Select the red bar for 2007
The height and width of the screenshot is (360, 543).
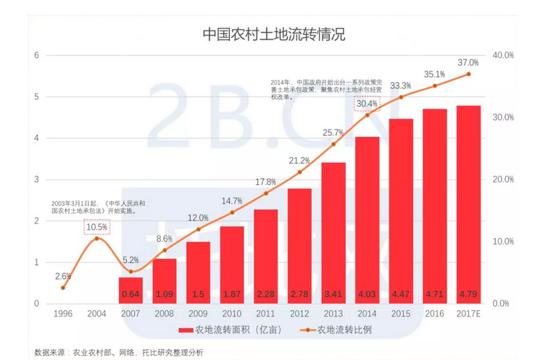[x=130, y=290]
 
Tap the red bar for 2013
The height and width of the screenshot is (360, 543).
[x=333, y=232]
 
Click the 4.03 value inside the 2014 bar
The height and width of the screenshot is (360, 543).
[x=367, y=294]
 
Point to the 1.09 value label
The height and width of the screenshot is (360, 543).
[x=165, y=294]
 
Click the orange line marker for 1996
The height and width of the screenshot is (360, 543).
[x=63, y=288]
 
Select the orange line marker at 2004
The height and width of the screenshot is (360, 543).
[x=96, y=238]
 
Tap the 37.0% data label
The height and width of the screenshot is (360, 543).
[x=468, y=63]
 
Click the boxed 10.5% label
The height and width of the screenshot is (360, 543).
[x=96, y=227]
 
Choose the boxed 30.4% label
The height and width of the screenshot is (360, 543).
[x=367, y=104]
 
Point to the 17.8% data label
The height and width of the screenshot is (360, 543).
[x=265, y=182]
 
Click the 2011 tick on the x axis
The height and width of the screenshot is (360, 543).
[x=265, y=314]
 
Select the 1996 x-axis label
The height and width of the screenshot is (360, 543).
[x=63, y=314]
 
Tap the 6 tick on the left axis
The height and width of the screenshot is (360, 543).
[x=36, y=55]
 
